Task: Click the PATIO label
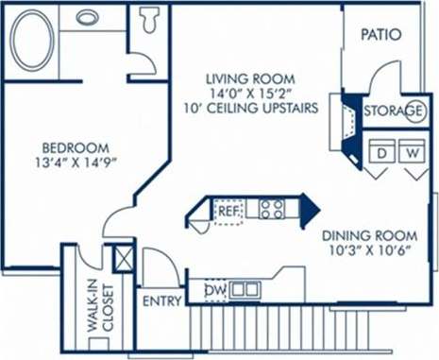(x=381, y=35)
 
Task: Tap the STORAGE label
(x=394, y=111)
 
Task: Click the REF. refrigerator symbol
(x=228, y=211)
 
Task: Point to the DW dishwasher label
(x=214, y=289)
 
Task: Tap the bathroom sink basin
(x=88, y=17)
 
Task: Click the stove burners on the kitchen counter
(x=272, y=209)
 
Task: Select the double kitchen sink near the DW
(x=245, y=289)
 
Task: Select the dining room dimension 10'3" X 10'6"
(x=369, y=251)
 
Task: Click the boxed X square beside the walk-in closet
(x=123, y=258)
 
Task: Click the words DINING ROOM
(x=369, y=235)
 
